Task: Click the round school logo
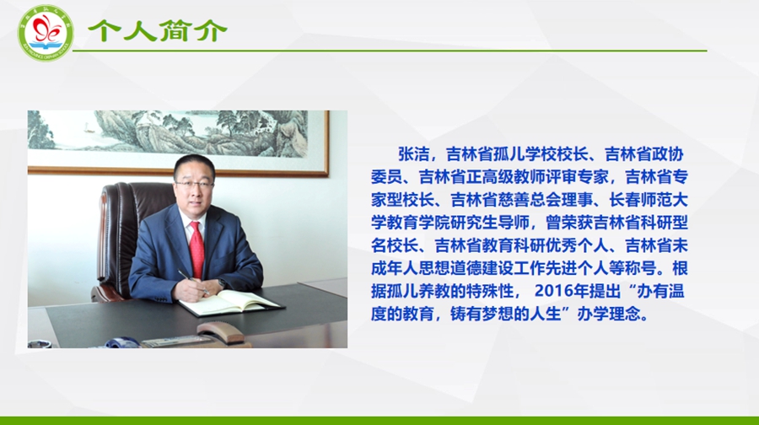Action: point(46,34)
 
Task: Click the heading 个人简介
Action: point(158,31)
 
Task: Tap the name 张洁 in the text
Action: point(414,154)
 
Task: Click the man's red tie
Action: point(196,249)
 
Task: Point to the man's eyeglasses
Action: point(194,185)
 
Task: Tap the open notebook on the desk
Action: point(231,302)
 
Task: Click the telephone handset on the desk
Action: point(221,331)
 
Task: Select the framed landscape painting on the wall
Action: point(178,142)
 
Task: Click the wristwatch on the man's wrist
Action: point(222,282)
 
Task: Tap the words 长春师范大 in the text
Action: point(649,200)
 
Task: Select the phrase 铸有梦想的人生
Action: point(506,314)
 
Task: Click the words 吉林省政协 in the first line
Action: point(644,154)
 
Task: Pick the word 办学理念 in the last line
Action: point(609,314)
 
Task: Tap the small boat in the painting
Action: point(88,128)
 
